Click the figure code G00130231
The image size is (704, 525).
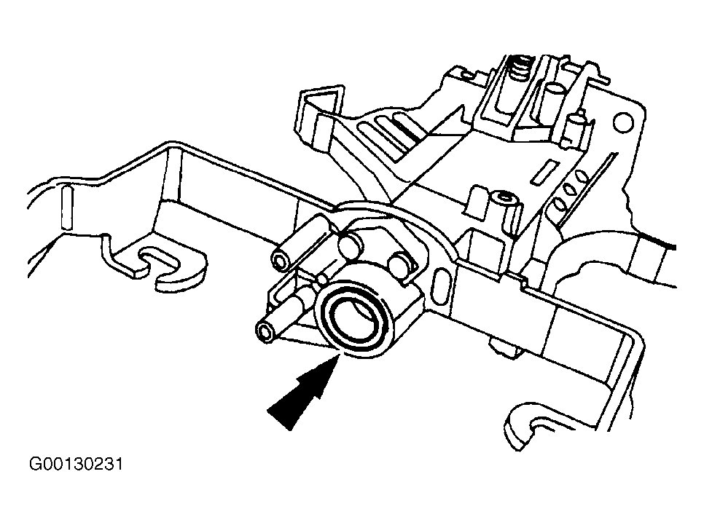(x=76, y=464)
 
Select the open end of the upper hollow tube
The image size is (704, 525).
(x=279, y=261)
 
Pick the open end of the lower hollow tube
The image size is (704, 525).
(x=265, y=333)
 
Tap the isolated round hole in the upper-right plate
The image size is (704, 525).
(x=622, y=122)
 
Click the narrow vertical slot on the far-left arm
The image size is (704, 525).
(x=66, y=208)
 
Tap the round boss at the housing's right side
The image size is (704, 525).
(x=401, y=265)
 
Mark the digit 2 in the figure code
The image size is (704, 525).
(x=98, y=464)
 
